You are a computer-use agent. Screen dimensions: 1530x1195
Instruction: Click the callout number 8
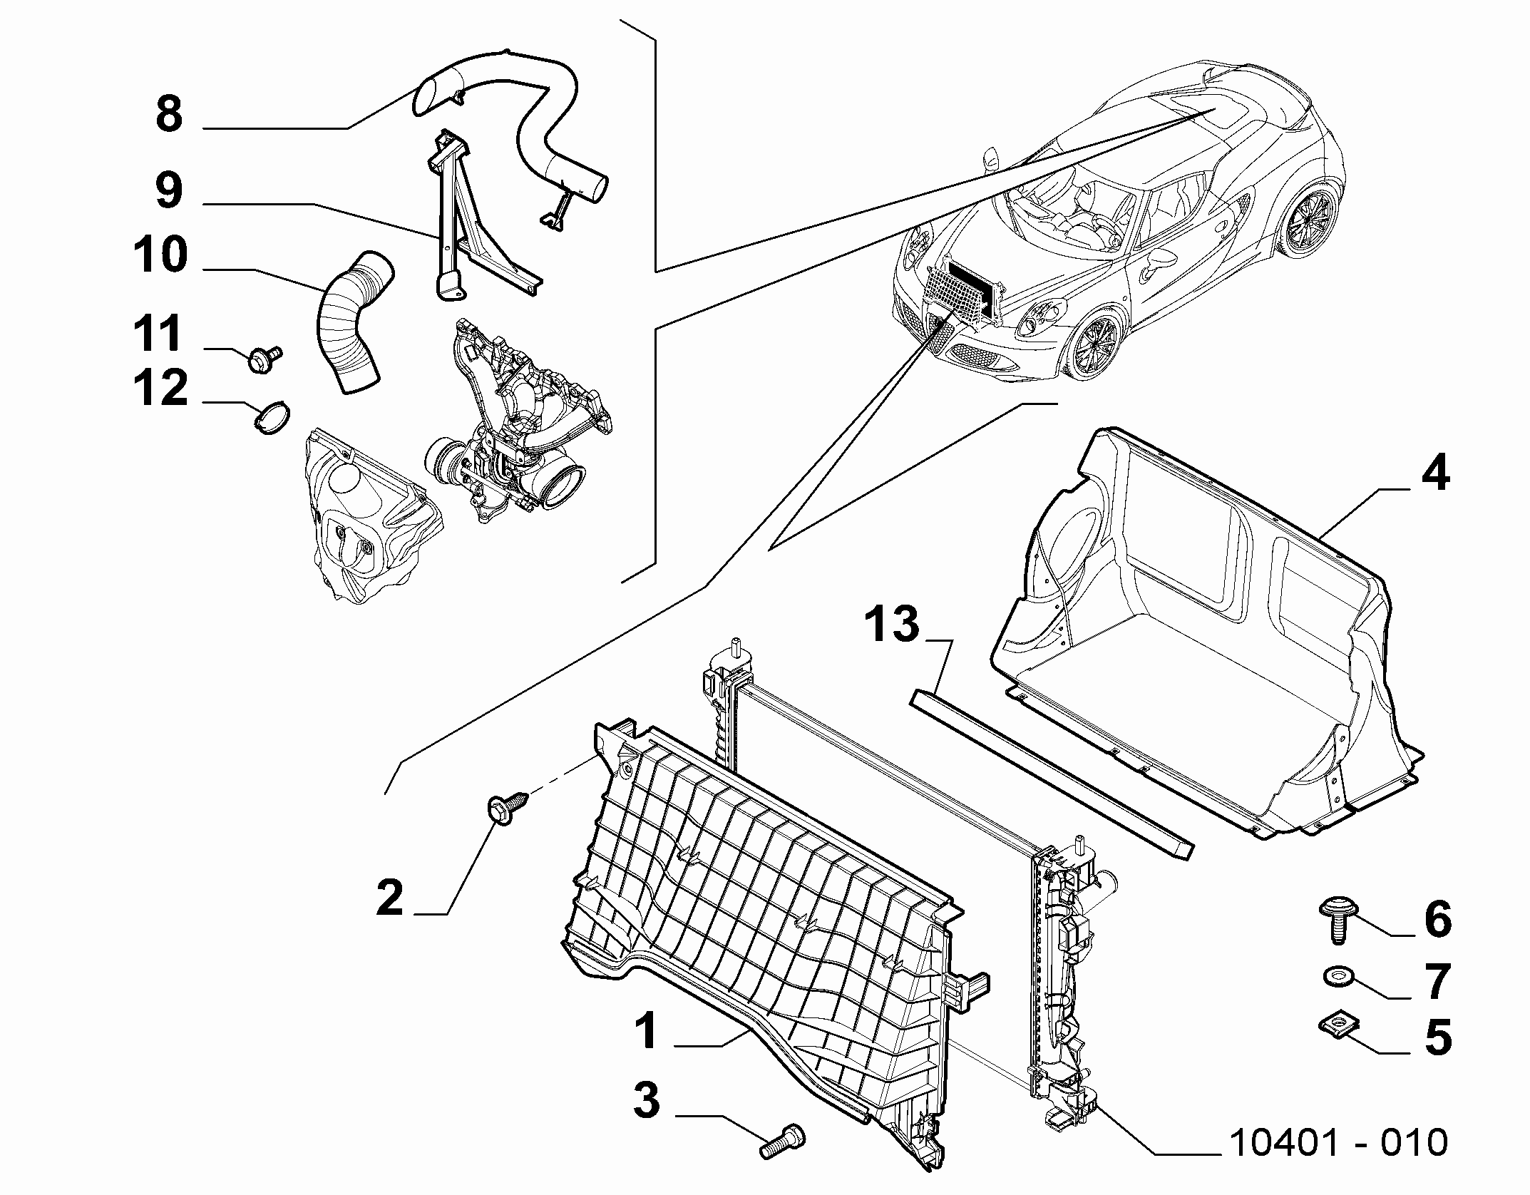tap(170, 113)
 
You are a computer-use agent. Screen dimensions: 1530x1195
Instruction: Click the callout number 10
tap(160, 255)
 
